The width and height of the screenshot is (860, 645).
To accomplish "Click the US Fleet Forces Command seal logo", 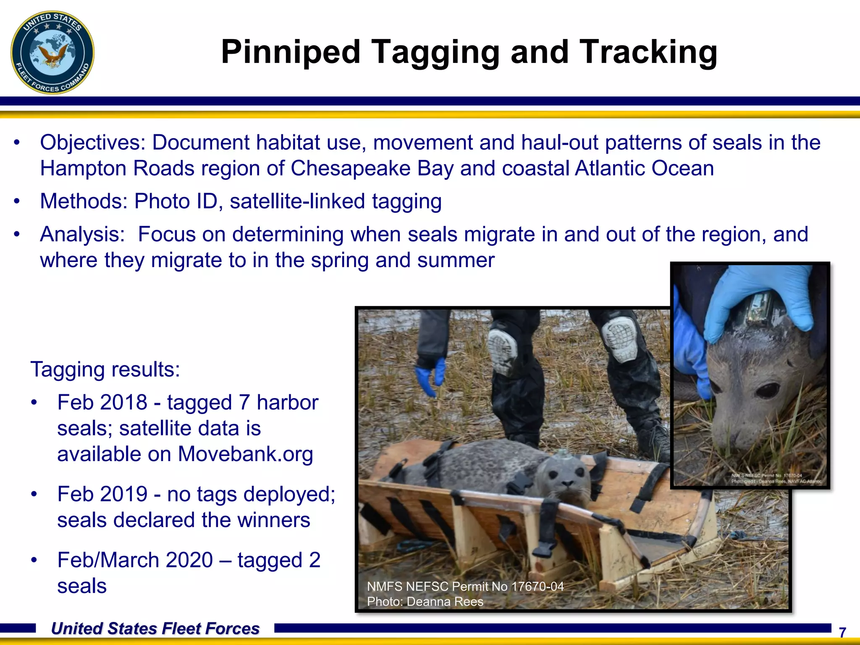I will (52, 52).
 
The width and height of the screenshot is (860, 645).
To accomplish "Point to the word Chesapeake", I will (372, 169).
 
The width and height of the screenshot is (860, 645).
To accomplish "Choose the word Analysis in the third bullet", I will (82, 234).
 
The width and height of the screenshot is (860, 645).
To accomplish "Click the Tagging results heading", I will (105, 370).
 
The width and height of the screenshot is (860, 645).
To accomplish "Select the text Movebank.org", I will (245, 454).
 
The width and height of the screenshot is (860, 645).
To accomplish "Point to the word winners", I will (273, 520).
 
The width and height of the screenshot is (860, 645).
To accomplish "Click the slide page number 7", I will (842, 632).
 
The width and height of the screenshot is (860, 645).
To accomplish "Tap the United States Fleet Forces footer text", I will (155, 629).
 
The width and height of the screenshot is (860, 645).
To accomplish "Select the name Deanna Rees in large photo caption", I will (445, 602).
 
